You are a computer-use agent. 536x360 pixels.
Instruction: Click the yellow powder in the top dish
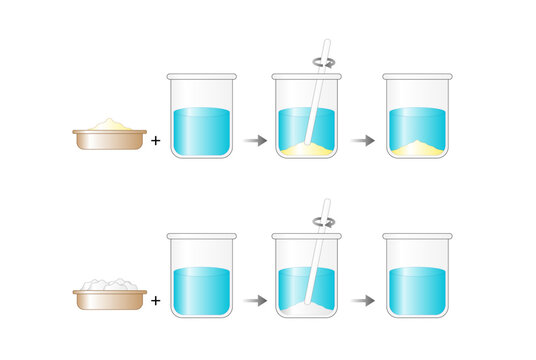click(109, 124)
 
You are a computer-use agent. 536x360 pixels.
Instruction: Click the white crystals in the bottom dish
click(109, 285)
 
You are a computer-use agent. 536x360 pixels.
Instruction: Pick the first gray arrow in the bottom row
click(255, 298)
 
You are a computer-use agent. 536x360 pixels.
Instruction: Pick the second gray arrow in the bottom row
click(365, 298)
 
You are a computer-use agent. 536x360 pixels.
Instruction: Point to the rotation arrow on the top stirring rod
click(323, 61)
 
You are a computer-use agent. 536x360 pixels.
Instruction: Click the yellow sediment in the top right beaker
click(416, 149)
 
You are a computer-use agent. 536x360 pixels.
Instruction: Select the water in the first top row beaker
click(204, 130)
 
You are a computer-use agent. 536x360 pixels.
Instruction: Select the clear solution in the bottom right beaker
click(416, 290)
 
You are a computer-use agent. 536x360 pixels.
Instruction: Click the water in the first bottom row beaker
click(204, 290)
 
